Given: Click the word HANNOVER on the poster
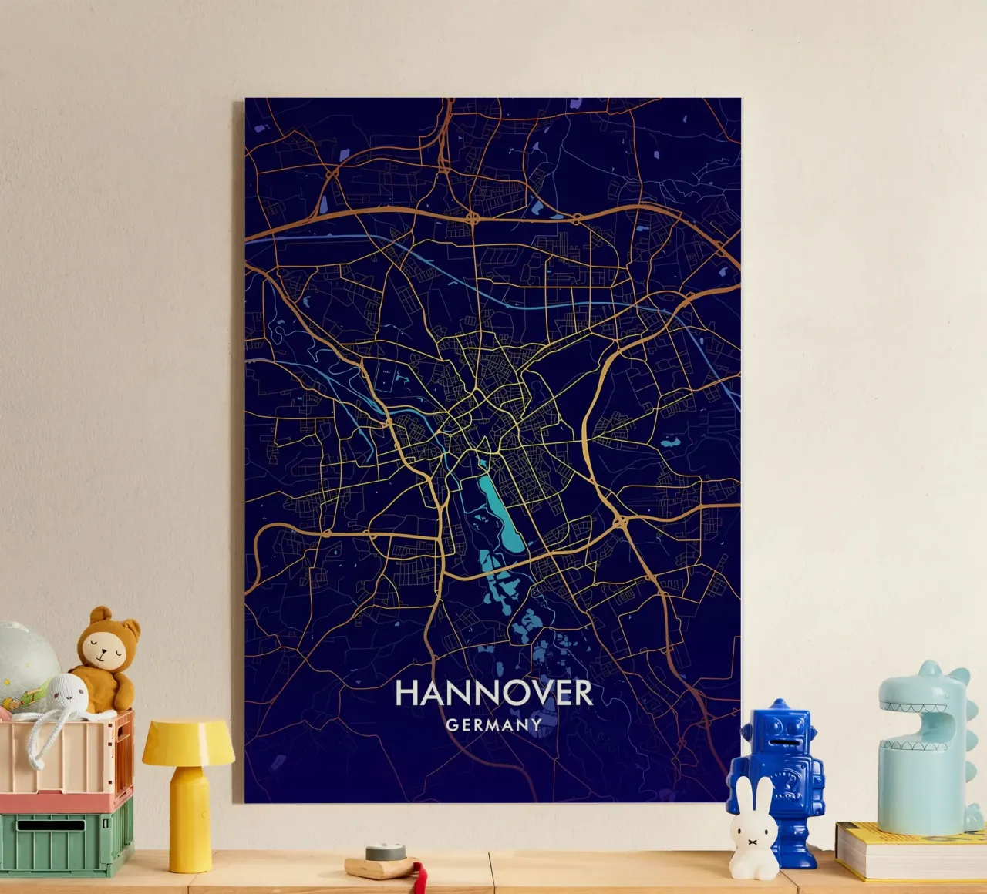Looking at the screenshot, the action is (493, 693).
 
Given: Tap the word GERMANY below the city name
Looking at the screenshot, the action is (493, 725).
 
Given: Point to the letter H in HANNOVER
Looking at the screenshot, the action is (406, 693).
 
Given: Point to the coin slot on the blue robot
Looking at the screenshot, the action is (780, 743).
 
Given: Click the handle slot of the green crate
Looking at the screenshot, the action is (51, 825).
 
